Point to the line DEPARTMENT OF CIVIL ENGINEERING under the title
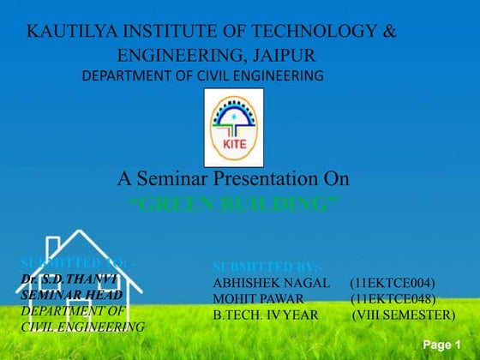(x=202, y=76)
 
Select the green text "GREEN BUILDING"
(x=233, y=204)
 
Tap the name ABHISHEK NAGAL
(x=271, y=283)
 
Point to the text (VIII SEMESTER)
(x=403, y=315)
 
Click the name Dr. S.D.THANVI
(x=67, y=279)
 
